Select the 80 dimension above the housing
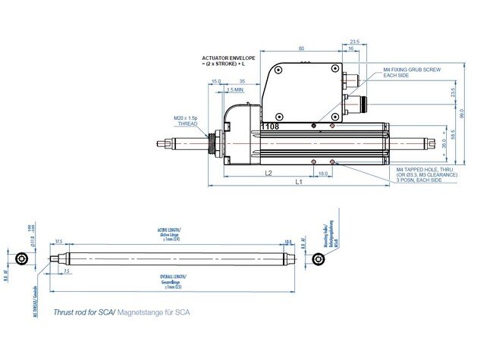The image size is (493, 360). tap(302, 49)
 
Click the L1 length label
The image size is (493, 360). tap(299, 183)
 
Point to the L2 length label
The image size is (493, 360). tap(268, 174)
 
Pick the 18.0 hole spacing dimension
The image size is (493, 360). tap(323, 174)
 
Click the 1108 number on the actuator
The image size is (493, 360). tap(270, 127)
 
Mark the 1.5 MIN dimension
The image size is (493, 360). tap(234, 89)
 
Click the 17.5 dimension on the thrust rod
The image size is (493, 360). tap(58, 243)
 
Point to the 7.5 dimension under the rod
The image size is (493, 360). tap(67, 271)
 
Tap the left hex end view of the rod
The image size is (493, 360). tap(25, 259)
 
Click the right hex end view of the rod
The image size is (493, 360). tap(318, 259)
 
